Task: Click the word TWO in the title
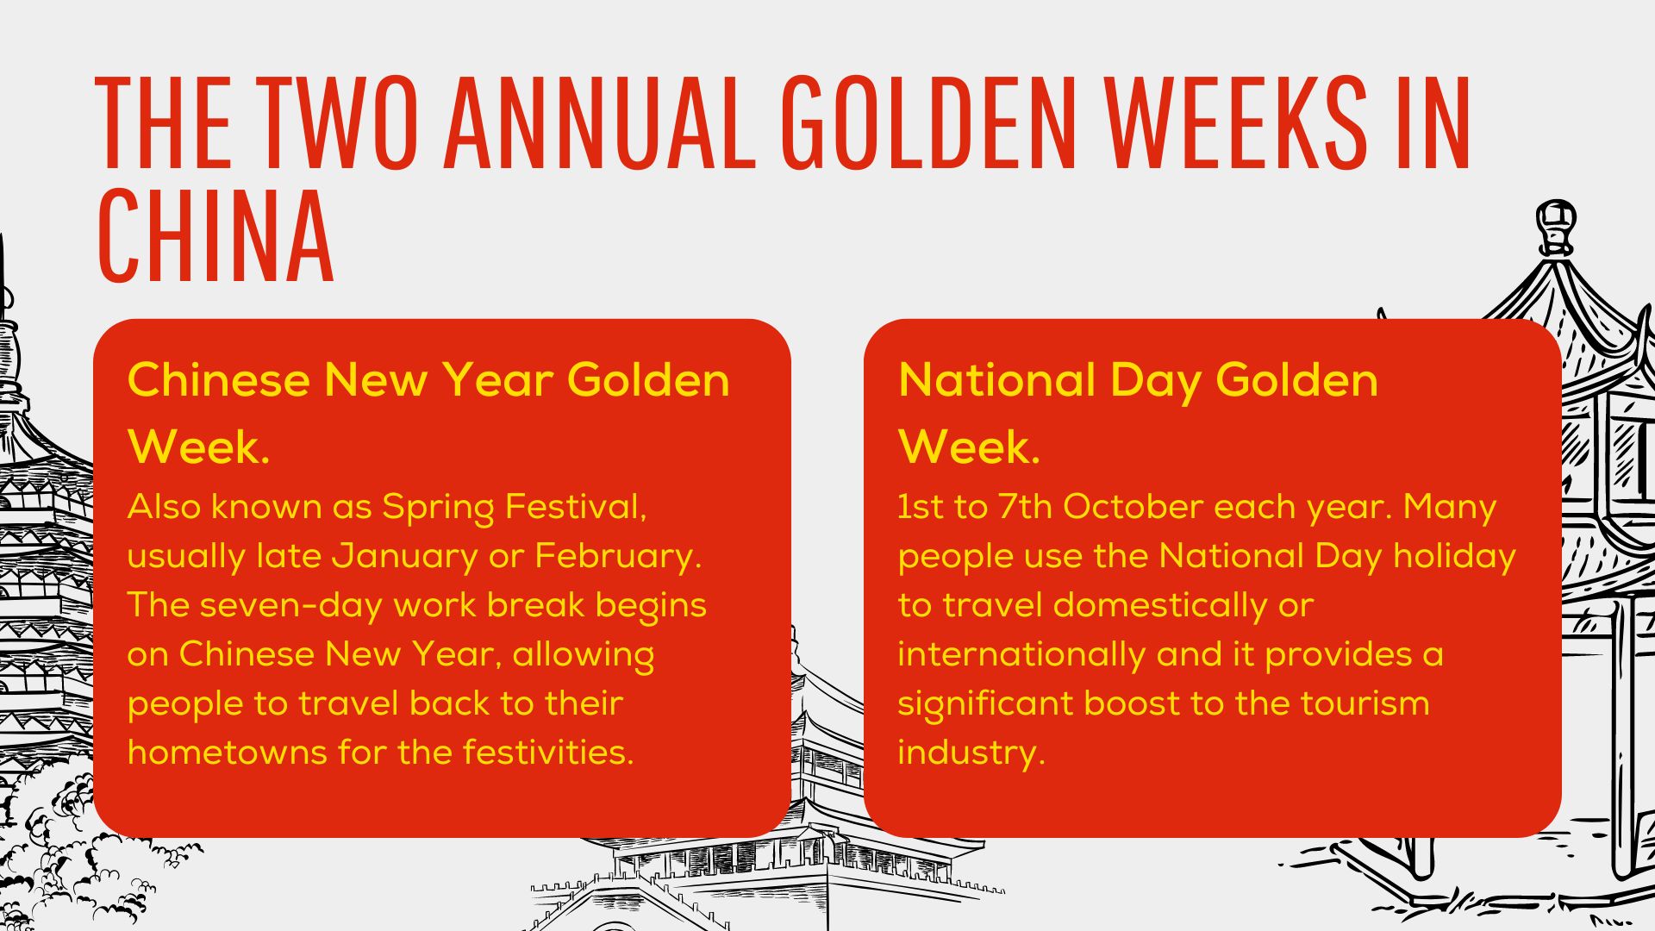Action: pos(338,122)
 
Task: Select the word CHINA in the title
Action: pos(215,235)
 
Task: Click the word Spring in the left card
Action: pos(437,509)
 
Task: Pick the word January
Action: pos(404,557)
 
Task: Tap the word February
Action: pos(618,557)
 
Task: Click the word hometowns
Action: pos(227,753)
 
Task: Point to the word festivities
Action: pos(548,753)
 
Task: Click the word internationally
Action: pos(1021,655)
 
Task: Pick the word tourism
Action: pos(1365,704)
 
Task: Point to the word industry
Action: pos(971,753)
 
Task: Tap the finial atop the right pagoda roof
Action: pos(1557,226)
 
